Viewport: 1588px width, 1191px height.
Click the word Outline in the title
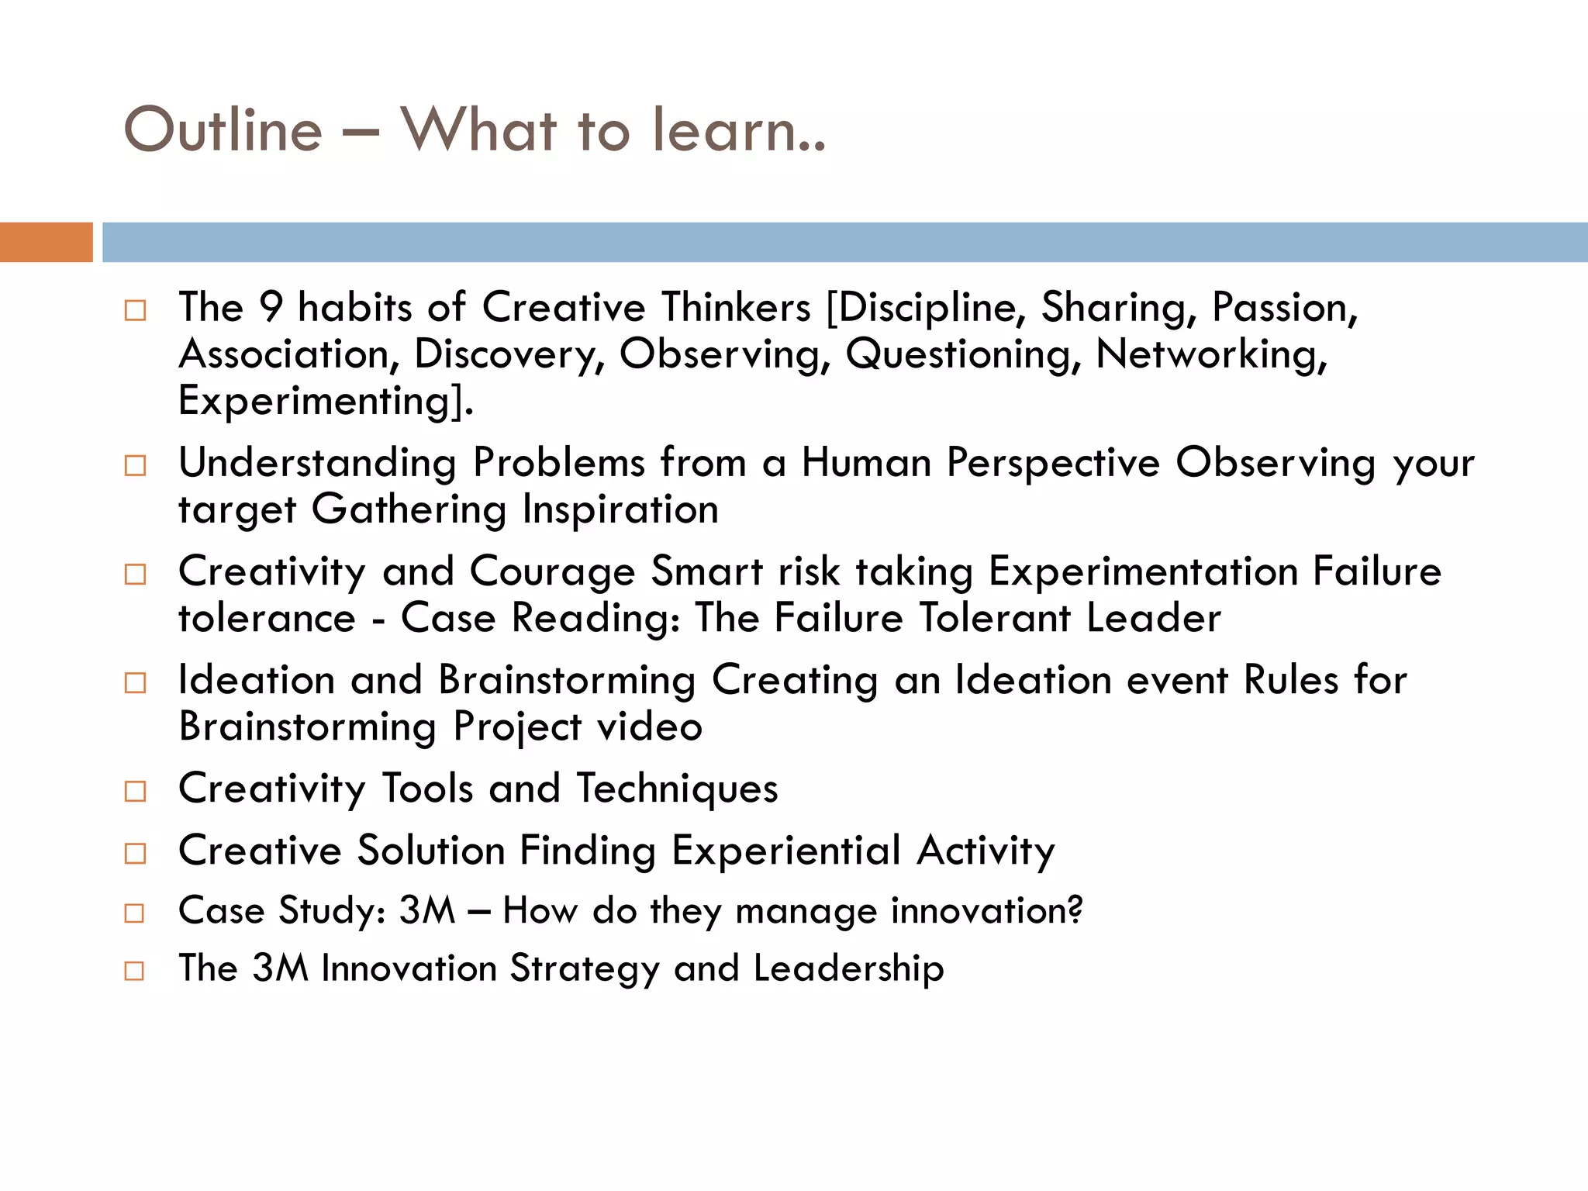[223, 129]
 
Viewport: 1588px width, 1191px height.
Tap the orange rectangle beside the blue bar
[46, 242]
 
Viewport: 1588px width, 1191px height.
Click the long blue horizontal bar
[844, 242]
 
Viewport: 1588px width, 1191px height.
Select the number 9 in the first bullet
[271, 307]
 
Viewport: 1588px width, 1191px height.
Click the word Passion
[1283, 307]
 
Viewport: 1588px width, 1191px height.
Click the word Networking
[1210, 354]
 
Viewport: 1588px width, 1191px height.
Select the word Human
[866, 463]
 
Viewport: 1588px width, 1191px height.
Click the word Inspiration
[620, 509]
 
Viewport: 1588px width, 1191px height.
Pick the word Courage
[552, 572]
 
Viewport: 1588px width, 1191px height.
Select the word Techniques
[677, 789]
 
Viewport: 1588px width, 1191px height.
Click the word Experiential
[785, 851]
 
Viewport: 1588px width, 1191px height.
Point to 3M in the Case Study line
[427, 910]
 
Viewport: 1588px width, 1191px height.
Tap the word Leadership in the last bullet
[848, 968]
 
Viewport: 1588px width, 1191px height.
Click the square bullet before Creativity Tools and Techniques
[135, 792]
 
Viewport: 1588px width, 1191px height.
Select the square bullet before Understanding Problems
[135, 466]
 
